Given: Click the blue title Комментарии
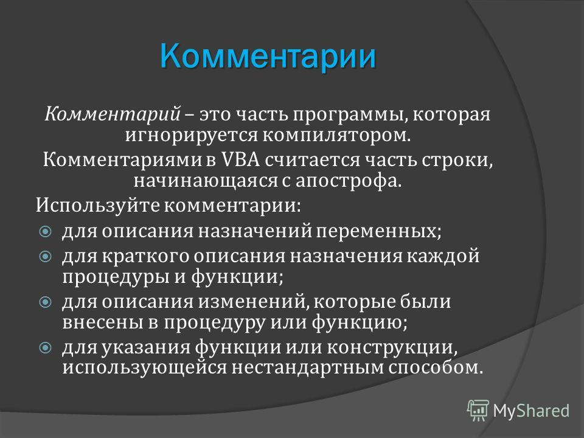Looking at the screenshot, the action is click(x=268, y=57).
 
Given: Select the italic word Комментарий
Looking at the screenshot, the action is click(x=113, y=114).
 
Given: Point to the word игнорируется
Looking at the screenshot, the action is click(x=191, y=135).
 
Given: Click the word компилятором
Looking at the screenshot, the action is click(x=336, y=135).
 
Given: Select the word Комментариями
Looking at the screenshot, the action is click(x=124, y=160).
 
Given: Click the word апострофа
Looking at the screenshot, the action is click(x=349, y=181).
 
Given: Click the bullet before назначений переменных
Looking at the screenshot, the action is click(x=46, y=232).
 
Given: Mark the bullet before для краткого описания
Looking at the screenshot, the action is click(x=46, y=256).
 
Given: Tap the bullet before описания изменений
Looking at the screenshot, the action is click(x=46, y=302).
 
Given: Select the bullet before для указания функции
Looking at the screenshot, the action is click(x=46, y=348).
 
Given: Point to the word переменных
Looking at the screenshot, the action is click(x=378, y=232).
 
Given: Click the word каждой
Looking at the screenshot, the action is click(x=442, y=256).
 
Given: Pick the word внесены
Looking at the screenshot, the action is click(x=102, y=322).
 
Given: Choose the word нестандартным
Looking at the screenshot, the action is click(x=308, y=368).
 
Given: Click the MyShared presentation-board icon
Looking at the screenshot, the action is click(x=478, y=411).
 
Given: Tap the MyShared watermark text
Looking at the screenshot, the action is click(x=531, y=411).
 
